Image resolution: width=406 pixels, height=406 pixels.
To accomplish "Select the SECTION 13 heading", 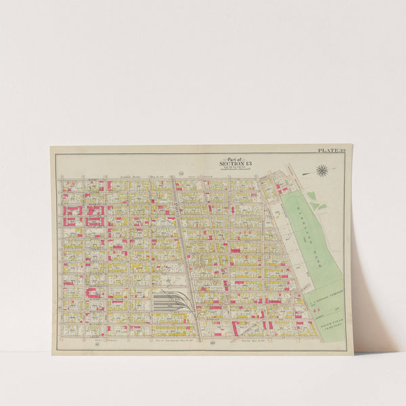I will pyautogui.click(x=235, y=164).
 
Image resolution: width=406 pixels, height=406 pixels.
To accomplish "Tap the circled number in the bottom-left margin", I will pyautogui.click(x=88, y=334).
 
